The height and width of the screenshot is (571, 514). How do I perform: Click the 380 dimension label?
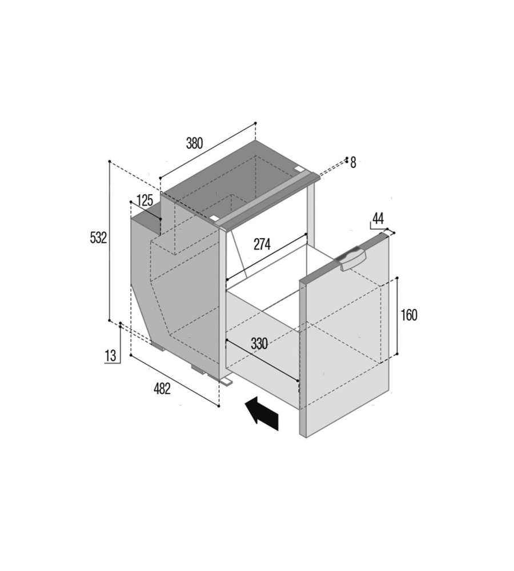[x=194, y=143]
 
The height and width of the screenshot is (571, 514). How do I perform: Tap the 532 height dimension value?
[x=98, y=238]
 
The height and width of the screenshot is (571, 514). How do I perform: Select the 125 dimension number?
[x=144, y=200]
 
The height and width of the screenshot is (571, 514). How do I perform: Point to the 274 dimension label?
[x=262, y=244]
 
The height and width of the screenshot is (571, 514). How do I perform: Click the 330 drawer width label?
[x=259, y=343]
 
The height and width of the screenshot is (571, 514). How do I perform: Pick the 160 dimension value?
[x=409, y=315]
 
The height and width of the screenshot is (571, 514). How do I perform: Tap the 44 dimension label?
[x=378, y=219]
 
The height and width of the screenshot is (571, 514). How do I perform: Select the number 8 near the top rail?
[x=353, y=163]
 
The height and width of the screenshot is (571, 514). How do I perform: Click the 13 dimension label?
[x=110, y=355]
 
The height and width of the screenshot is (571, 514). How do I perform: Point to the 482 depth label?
[x=162, y=389]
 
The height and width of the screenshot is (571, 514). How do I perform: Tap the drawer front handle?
[x=351, y=258]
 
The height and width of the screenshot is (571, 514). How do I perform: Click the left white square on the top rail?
[x=214, y=218]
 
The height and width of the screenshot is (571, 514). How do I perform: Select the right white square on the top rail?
[x=299, y=169]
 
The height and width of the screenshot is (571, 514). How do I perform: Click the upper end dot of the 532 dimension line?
[x=109, y=161]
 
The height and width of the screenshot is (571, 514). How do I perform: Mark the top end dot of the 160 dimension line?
[x=397, y=278]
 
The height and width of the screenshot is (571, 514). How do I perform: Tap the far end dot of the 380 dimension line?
[x=255, y=123]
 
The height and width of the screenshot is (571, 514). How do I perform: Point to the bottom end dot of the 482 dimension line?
[x=219, y=406]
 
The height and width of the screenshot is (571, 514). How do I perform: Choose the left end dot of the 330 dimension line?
[x=226, y=340]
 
